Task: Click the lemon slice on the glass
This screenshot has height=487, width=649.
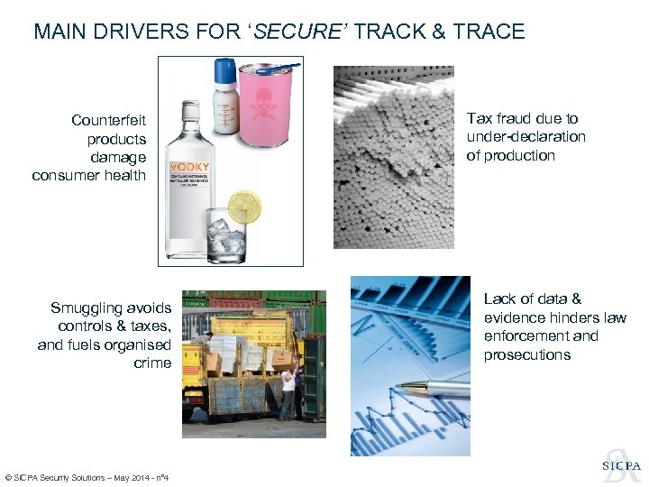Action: pos(243,207)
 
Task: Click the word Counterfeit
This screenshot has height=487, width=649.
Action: pos(109,120)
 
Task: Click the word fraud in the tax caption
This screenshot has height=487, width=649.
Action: pos(512,118)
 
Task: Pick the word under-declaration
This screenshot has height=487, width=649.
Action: pos(526,137)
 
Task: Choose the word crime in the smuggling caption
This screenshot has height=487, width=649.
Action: pos(152,363)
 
